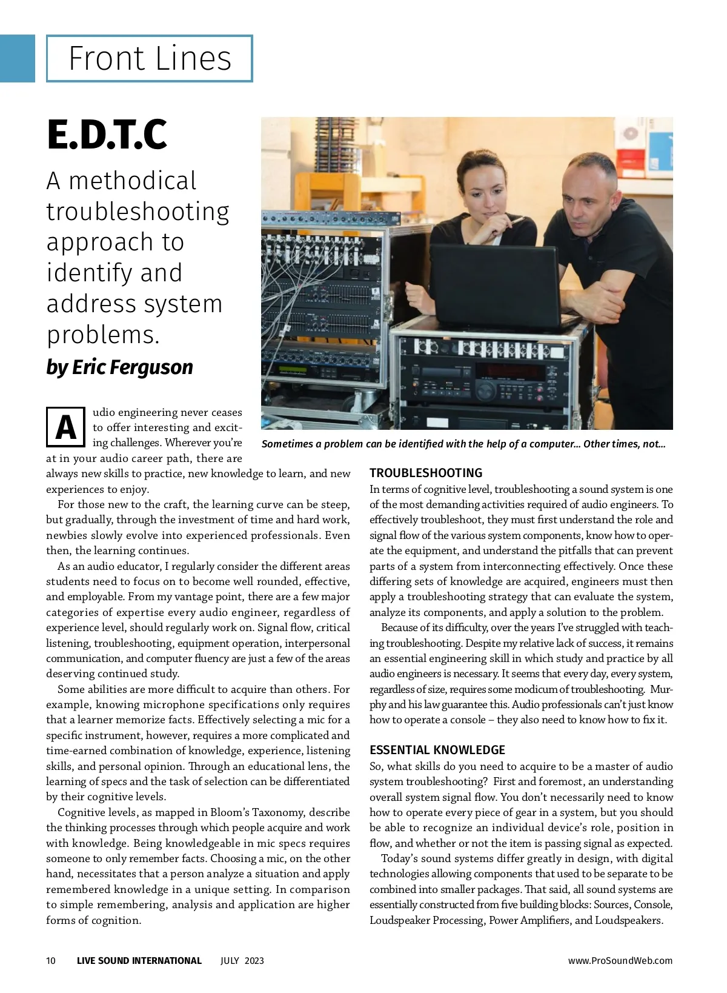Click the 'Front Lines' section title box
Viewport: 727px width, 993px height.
(149, 59)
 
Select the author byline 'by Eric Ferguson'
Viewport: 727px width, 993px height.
(119, 367)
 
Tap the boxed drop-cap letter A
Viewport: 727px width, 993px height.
(65, 427)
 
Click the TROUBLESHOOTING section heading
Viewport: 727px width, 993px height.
(426, 473)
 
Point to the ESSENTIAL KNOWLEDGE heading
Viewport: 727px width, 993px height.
(437, 750)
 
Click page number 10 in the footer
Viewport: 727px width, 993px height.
(51, 960)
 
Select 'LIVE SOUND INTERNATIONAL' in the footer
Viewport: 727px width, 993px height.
(139, 960)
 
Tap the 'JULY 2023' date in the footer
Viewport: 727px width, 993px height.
(242, 960)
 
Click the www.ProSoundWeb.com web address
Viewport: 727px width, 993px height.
(620, 960)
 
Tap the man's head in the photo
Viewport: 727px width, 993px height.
(588, 194)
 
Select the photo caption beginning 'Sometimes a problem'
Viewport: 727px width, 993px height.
(463, 444)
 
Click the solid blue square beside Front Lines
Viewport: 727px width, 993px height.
(17, 58)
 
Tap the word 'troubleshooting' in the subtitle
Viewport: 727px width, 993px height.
(138, 211)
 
